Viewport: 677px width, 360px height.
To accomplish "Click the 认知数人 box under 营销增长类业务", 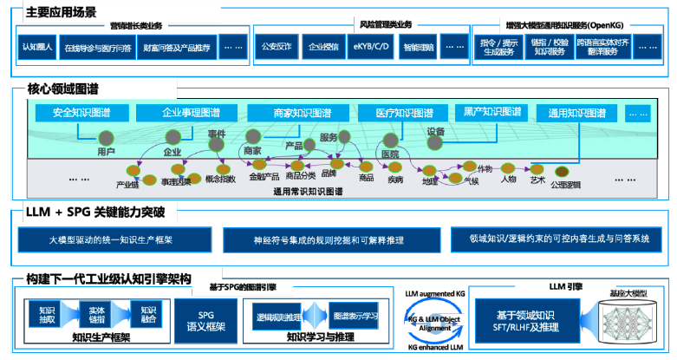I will (x=37, y=48).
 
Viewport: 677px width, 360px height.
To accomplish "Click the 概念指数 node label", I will (x=220, y=180).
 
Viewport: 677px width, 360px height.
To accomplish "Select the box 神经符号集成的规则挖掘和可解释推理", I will (x=330, y=239).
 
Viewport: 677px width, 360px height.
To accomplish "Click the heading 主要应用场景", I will (x=62, y=13).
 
